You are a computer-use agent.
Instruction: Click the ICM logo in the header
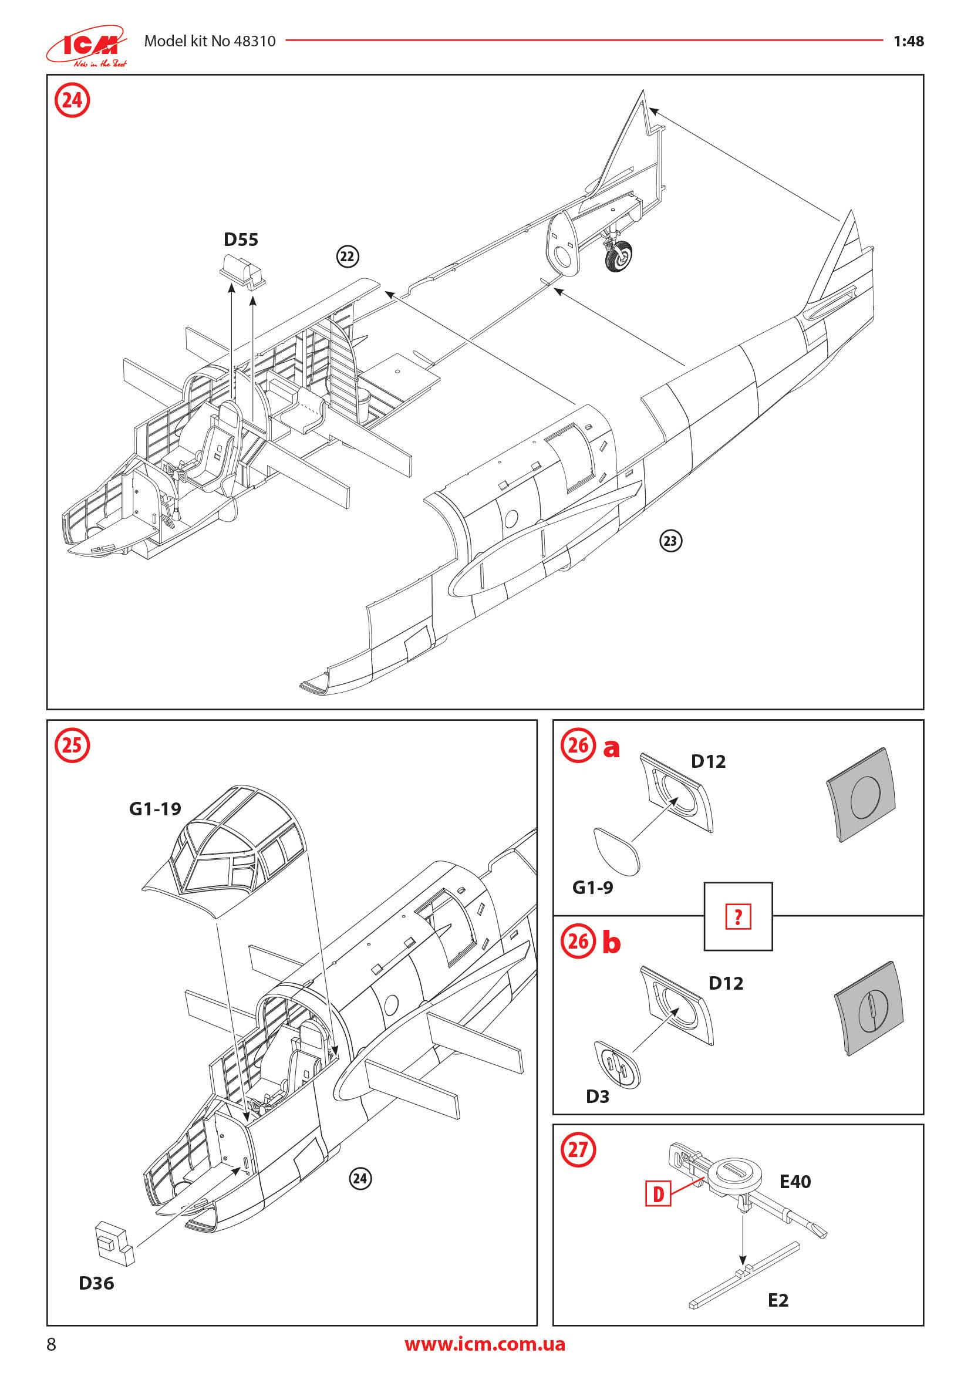(x=87, y=45)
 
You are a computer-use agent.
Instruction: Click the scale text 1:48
(x=908, y=41)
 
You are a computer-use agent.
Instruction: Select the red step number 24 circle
(x=72, y=100)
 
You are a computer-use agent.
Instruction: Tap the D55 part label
(x=241, y=240)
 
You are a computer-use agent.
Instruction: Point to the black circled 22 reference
(x=347, y=257)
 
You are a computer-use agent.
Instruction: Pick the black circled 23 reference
(x=670, y=541)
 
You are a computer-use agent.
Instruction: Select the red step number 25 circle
(x=72, y=745)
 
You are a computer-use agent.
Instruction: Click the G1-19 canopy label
(x=155, y=809)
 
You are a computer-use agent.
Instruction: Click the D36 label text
(x=96, y=1283)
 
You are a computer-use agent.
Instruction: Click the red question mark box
(x=738, y=917)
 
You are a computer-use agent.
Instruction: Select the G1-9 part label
(x=592, y=888)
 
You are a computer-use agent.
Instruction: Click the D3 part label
(x=597, y=1096)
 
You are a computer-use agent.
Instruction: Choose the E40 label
(x=795, y=1182)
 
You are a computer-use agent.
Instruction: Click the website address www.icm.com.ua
(x=484, y=1344)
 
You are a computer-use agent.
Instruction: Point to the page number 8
(x=52, y=1344)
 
